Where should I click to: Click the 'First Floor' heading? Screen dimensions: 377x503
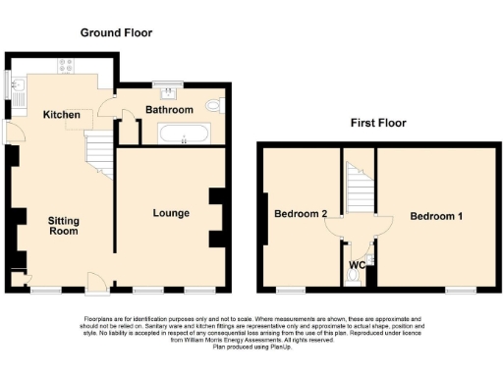[x=378, y=124]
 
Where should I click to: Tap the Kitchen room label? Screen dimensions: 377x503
[x=61, y=115]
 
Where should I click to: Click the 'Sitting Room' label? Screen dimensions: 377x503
[x=64, y=227]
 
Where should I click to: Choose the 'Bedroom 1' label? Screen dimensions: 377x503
[x=437, y=216]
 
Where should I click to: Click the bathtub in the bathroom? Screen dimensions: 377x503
[x=183, y=135]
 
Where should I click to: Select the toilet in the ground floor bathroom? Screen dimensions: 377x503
[x=215, y=105]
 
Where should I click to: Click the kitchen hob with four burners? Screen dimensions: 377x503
[x=67, y=67]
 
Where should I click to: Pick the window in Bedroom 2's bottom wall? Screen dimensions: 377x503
[x=290, y=290]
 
